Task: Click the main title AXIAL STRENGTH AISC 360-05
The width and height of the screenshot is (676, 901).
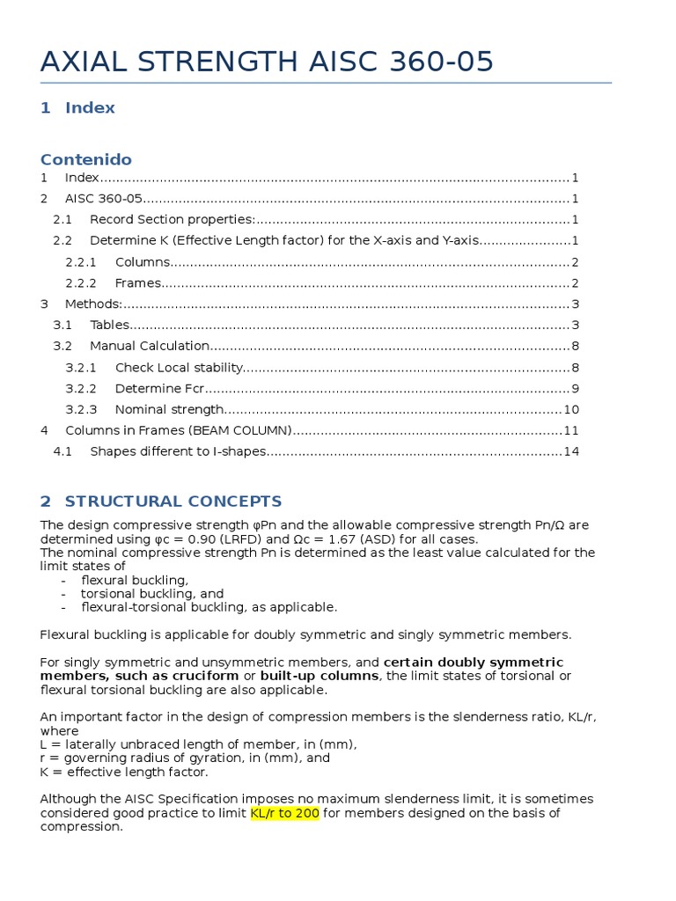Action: (x=267, y=62)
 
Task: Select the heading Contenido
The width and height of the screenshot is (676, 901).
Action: (x=86, y=159)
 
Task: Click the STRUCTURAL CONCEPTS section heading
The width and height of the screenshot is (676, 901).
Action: (x=173, y=502)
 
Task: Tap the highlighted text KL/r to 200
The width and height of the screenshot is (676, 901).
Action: (x=284, y=813)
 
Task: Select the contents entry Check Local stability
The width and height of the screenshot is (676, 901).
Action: (x=179, y=368)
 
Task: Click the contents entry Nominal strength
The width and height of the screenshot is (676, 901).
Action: (x=170, y=410)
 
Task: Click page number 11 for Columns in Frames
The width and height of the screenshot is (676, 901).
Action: (x=570, y=431)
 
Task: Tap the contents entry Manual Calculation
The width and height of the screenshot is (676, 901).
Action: (x=150, y=347)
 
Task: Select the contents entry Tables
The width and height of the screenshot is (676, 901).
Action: (x=109, y=326)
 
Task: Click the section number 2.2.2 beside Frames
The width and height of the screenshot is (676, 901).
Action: (x=81, y=283)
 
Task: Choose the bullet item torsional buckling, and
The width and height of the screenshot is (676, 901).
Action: (x=152, y=594)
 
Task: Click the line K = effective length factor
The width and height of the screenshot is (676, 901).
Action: (x=124, y=772)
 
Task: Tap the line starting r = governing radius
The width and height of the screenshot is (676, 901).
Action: (x=185, y=758)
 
